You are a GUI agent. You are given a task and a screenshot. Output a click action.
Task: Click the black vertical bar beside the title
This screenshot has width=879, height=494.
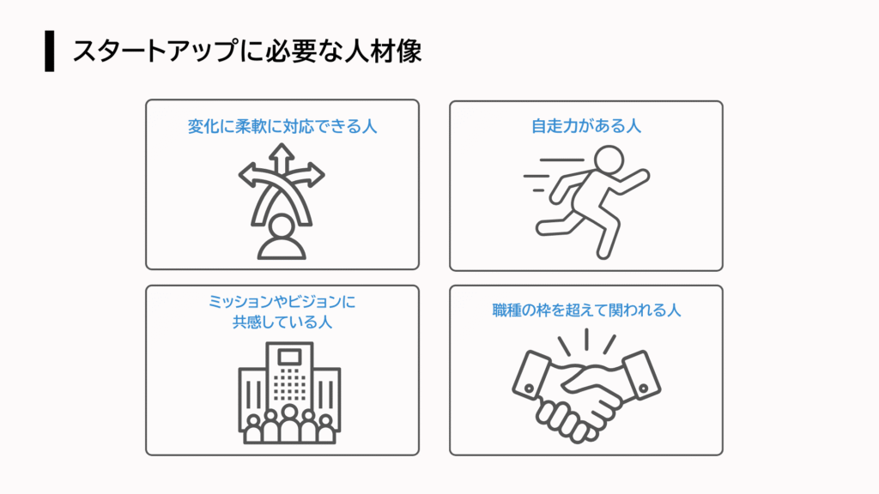pos(50,51)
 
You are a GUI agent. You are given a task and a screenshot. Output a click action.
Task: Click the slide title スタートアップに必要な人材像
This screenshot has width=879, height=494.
pos(246,51)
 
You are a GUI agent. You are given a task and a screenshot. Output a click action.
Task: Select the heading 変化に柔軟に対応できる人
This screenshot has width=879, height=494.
pos(282,126)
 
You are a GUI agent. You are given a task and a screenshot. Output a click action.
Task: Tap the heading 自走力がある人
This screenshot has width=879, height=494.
pos(585,126)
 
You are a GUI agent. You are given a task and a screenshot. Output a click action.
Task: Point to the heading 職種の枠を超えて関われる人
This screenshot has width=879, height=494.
pos(586,310)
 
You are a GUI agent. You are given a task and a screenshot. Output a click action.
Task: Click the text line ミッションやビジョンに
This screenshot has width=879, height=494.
pos(282,302)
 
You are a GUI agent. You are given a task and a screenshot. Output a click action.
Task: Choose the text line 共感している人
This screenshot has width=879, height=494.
pos(282,322)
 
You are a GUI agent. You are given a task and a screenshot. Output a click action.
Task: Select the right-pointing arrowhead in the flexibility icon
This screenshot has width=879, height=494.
pos(316,175)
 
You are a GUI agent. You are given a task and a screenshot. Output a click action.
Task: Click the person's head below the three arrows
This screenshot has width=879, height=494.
pos(282,227)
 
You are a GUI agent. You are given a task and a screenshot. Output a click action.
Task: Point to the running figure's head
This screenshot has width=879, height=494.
pos(609,160)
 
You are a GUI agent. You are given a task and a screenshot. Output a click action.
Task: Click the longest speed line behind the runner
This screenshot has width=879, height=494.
pos(561,160)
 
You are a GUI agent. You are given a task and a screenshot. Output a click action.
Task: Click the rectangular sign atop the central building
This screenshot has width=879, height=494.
pos(289,357)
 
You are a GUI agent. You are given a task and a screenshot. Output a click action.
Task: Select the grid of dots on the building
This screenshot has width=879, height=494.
pos(289,384)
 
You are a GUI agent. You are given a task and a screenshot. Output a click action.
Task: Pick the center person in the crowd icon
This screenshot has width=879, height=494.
pos(289,425)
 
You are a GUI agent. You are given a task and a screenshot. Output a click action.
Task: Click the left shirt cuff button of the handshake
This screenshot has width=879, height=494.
pos(529,389)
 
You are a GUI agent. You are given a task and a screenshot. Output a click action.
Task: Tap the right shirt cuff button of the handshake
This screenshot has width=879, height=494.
pos(644,389)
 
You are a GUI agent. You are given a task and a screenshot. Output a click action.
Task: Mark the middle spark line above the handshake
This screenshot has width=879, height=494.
pos(586,340)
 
